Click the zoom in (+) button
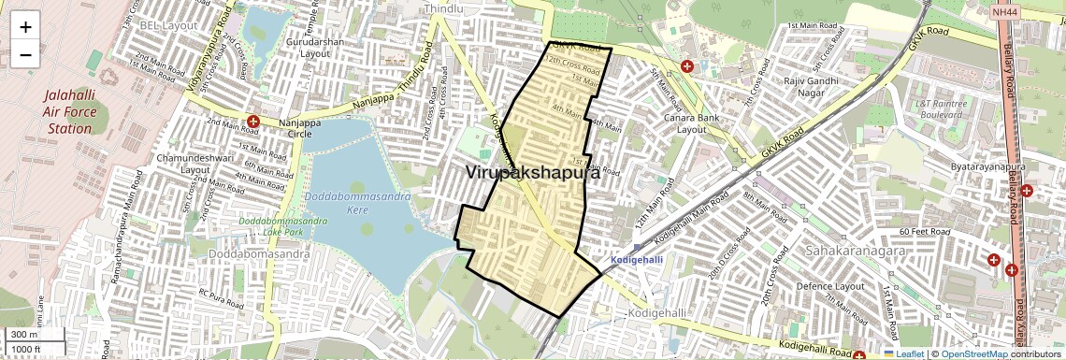point(25,26)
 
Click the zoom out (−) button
point(25,54)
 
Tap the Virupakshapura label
point(532,172)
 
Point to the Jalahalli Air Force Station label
point(69,111)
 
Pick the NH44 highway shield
point(1004,13)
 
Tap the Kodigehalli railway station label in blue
point(637,259)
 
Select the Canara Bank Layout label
point(704,122)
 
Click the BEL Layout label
point(168,25)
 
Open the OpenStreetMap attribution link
point(973,353)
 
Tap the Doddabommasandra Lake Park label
point(284,225)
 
